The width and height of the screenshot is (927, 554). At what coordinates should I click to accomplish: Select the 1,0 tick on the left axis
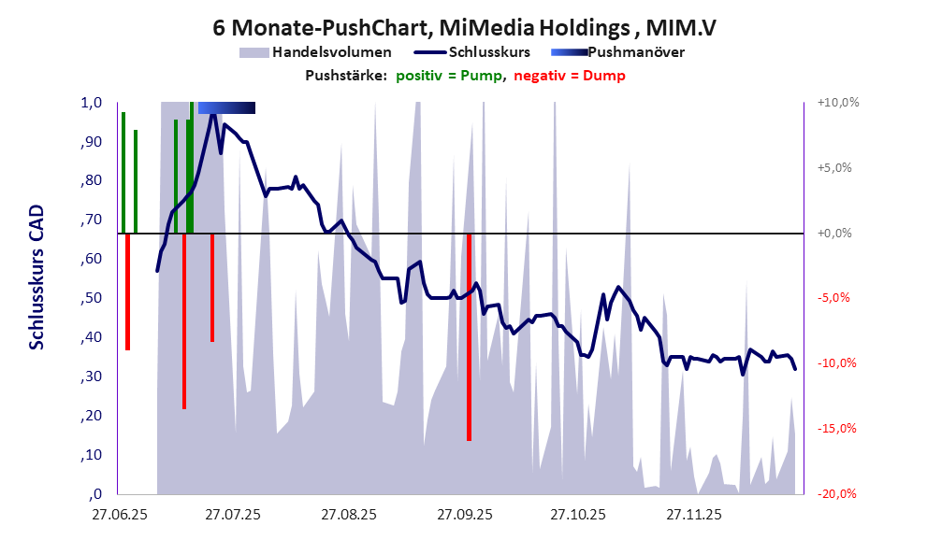coord(90,103)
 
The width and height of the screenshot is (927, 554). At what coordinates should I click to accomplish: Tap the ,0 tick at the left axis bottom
coord(95,494)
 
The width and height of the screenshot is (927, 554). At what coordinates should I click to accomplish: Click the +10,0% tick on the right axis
coord(837,103)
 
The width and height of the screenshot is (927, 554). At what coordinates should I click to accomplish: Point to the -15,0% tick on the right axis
coord(837,429)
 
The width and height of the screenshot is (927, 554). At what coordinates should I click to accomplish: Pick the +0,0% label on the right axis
coord(837,233)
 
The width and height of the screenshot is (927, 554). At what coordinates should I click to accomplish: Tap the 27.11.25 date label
coord(693,514)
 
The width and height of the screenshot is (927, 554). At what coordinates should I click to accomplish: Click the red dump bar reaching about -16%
coord(469,336)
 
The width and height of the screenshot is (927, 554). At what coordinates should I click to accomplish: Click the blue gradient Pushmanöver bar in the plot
coord(226,108)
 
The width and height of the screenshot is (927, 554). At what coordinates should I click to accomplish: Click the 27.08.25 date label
coord(349,514)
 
